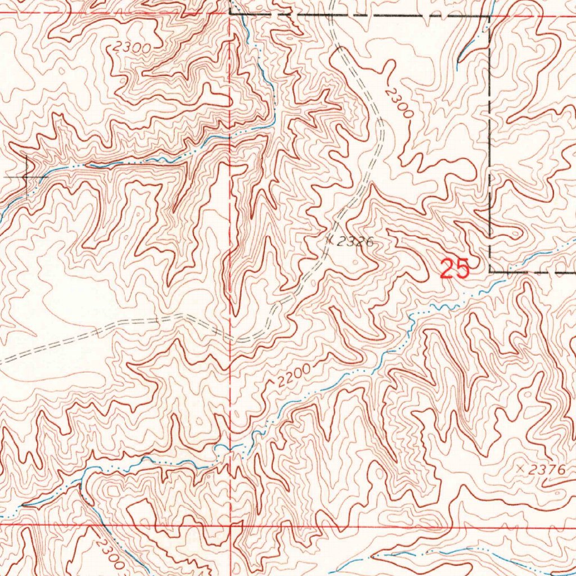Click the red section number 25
[454, 269]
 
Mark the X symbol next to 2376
[520, 468]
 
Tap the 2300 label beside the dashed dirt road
[399, 101]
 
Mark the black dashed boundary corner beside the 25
[490, 271]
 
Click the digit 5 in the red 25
[462, 269]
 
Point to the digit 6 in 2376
[557, 469]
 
